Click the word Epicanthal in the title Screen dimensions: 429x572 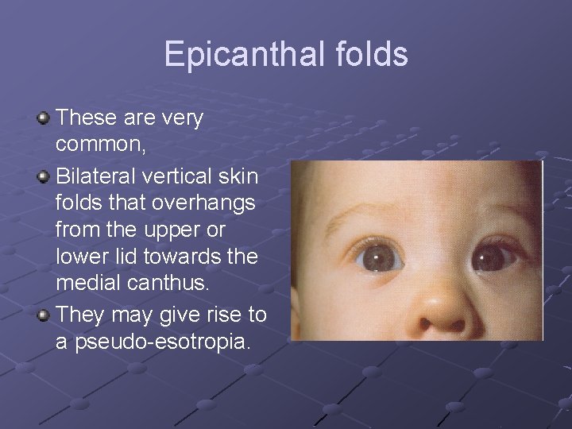(x=238, y=55)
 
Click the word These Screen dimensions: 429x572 (x=87, y=118)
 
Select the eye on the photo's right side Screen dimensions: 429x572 (x=494, y=257)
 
